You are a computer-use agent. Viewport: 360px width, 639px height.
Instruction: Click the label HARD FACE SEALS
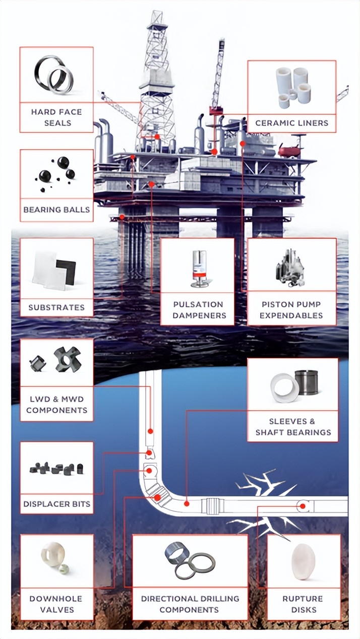click(x=56, y=117)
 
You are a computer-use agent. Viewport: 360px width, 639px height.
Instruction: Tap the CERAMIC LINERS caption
click(x=291, y=122)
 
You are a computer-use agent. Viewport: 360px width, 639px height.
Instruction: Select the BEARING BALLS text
click(x=56, y=210)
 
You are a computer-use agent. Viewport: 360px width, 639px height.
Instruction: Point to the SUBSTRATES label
click(x=56, y=307)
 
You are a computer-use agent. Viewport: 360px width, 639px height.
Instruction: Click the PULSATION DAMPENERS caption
click(x=198, y=310)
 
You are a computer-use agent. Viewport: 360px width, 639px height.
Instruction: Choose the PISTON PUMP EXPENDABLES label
click(x=291, y=310)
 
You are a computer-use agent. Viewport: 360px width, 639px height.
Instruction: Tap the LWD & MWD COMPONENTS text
click(x=56, y=405)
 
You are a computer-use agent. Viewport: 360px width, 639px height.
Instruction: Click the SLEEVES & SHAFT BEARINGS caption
click(x=292, y=427)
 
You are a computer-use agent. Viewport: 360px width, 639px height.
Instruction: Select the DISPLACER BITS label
click(x=56, y=503)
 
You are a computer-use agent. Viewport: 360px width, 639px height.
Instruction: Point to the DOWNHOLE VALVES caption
click(x=56, y=604)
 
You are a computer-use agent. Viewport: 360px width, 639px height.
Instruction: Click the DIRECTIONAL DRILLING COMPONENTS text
click(x=190, y=604)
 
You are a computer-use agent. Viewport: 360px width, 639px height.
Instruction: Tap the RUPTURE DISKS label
click(x=303, y=604)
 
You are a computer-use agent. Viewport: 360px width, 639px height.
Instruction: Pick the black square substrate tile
click(x=66, y=271)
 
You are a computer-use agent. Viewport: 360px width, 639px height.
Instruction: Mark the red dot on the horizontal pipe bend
click(x=187, y=503)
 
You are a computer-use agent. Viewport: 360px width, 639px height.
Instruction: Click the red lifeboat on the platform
click(x=289, y=150)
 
